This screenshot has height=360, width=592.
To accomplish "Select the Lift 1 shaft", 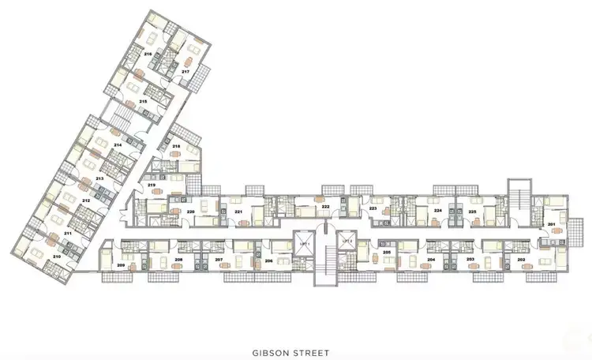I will coord(304,246).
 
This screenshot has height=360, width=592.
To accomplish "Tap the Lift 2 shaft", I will coord(346,246).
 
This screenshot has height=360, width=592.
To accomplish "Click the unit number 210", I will coord(56,257).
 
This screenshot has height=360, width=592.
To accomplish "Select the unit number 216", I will coord(148,54).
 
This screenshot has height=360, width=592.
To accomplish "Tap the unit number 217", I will coord(185,71).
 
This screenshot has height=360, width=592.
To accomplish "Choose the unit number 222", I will coord(325,206).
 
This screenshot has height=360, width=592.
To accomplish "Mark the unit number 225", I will coord(472,212).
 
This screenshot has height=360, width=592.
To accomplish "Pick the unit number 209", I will coord(121,264).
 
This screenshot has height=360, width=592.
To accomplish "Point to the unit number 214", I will coord(117,146).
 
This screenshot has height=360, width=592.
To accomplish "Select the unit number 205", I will coord(387,253).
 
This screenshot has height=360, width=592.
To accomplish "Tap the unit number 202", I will coord(521,259).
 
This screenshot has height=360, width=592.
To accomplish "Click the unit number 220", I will coord(190,212).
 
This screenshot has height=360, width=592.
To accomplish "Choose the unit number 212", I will coord(85,201).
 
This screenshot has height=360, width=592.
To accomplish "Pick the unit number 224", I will coord(438,212).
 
